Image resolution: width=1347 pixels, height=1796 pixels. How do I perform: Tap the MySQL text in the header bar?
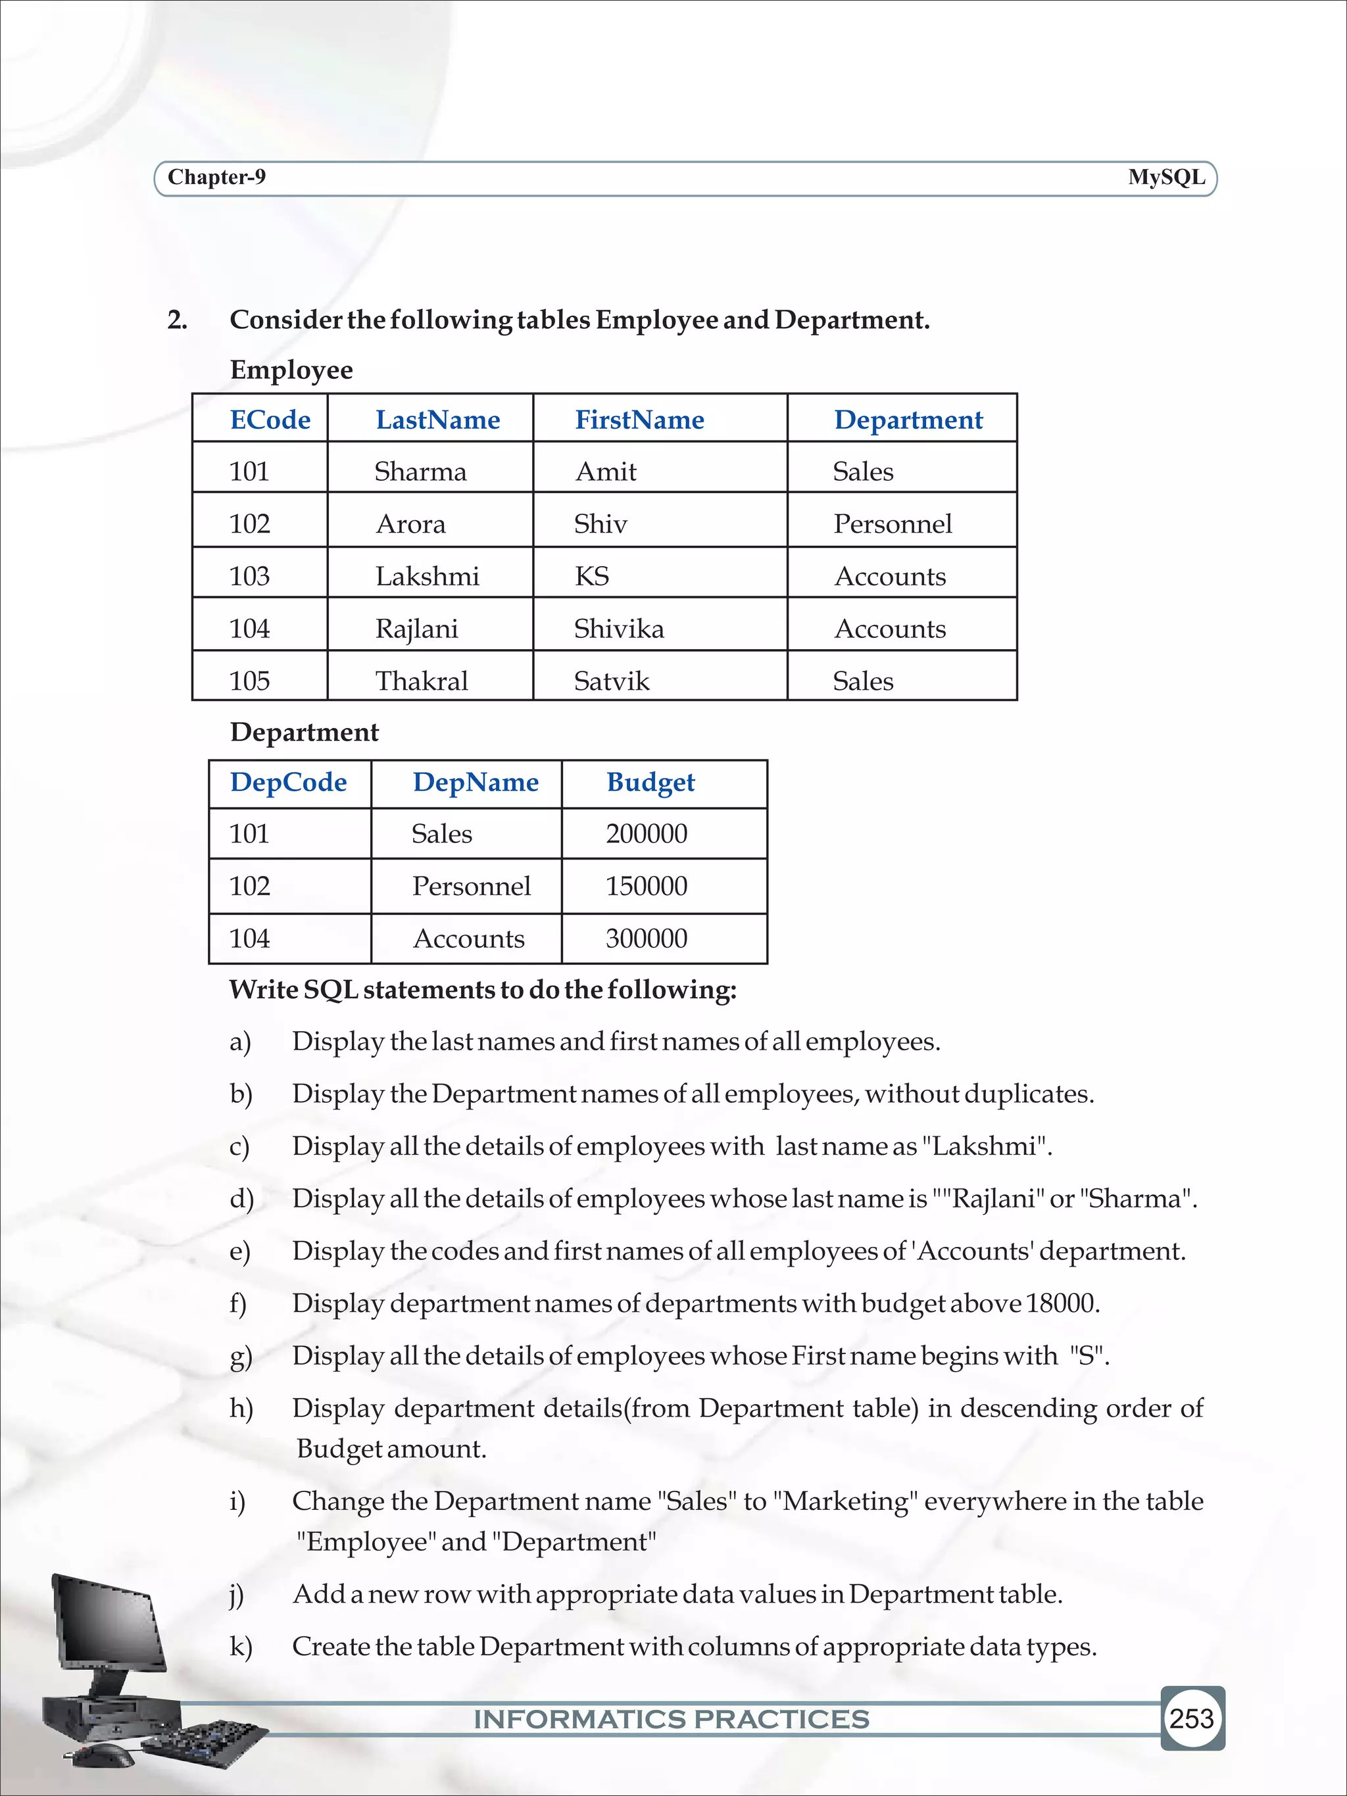click(x=1166, y=177)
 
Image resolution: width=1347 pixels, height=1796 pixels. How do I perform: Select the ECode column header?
click(x=270, y=420)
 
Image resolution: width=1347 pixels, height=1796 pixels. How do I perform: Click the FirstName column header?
click(x=639, y=420)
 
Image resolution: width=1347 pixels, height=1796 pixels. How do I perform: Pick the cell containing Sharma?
click(x=420, y=472)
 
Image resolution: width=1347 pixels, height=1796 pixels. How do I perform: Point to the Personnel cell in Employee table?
click(x=893, y=523)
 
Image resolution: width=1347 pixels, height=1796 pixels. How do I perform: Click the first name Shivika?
click(x=619, y=629)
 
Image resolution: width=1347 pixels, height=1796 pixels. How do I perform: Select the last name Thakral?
click(x=422, y=681)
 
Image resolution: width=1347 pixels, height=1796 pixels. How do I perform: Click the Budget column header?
click(x=650, y=782)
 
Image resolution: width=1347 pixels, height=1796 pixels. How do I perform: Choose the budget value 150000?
click(x=647, y=886)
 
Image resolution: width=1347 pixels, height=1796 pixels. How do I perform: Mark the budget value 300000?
click(x=647, y=938)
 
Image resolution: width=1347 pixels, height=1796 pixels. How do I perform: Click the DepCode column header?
click(x=288, y=782)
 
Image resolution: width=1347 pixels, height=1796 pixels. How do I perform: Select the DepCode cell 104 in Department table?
click(x=249, y=938)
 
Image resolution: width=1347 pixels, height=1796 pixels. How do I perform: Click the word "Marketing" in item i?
click(x=845, y=1501)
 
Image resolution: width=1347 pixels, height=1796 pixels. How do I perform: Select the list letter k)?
click(x=240, y=1647)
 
